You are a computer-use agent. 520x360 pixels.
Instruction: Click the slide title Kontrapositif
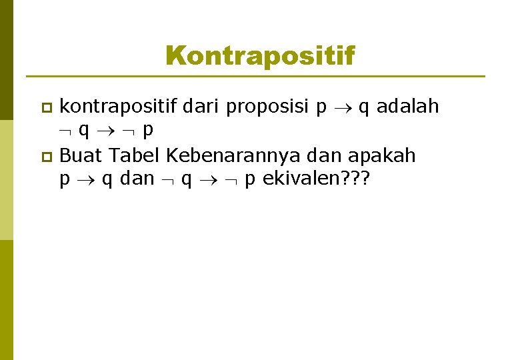(x=260, y=55)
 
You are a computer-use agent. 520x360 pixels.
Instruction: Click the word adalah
(x=407, y=106)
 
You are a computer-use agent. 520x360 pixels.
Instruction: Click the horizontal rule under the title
(x=255, y=77)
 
